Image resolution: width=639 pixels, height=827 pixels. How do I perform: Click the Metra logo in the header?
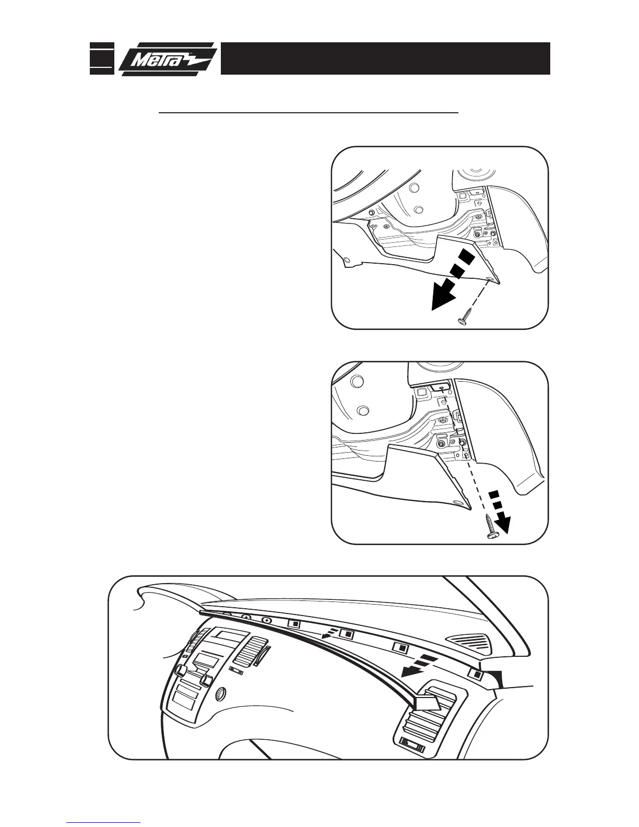point(167,59)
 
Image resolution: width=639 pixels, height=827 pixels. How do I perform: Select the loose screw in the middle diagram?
point(491,527)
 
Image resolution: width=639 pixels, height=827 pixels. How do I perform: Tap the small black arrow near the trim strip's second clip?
point(328,635)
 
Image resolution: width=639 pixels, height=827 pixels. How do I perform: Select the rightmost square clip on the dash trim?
point(476,674)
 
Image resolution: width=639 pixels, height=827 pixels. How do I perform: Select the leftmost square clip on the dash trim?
point(295,623)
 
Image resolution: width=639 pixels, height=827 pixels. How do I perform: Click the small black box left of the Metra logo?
point(102,59)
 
